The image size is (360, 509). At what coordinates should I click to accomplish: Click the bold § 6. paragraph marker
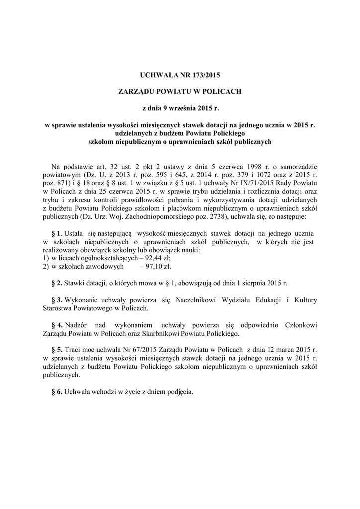(56, 391)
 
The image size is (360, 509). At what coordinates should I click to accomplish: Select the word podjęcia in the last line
(179, 391)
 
